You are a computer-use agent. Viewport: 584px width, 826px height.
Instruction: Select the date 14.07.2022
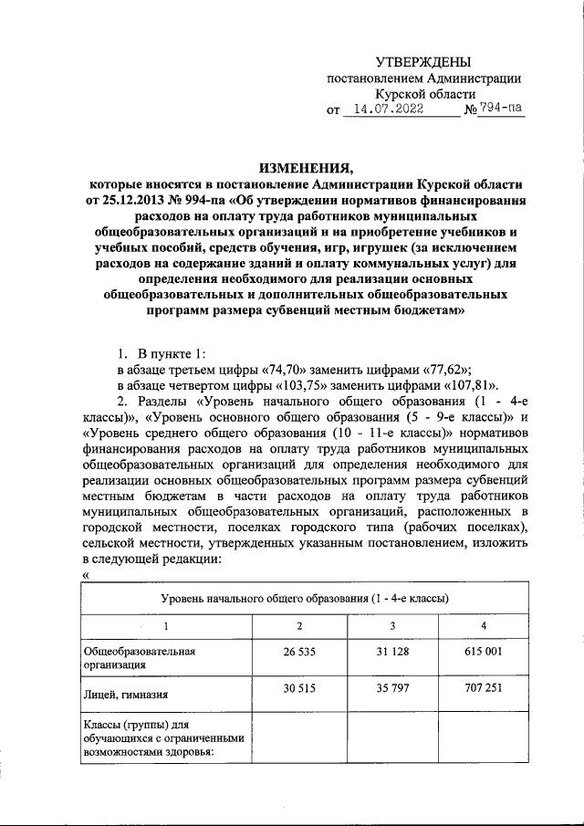pyautogui.click(x=398, y=110)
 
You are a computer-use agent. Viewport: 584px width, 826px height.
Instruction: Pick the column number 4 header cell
pyautogui.click(x=485, y=625)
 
